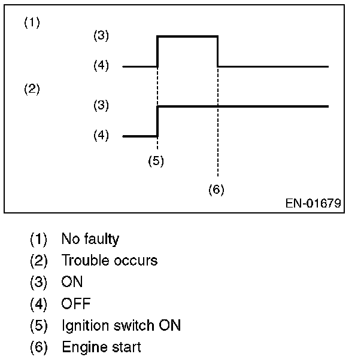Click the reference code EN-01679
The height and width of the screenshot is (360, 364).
313,203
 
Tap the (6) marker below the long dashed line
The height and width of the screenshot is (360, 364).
216,190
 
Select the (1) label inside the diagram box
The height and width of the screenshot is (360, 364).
32,23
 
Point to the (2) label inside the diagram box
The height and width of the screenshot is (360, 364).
32,90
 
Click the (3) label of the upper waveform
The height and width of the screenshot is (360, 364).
101,36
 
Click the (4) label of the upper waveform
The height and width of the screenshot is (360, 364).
101,66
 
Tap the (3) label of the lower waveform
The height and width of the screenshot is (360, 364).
101,106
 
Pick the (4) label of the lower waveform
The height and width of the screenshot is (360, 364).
101,136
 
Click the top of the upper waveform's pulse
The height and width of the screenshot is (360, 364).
187,36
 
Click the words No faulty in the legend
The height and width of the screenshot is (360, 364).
90,239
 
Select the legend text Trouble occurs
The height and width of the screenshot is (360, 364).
109,261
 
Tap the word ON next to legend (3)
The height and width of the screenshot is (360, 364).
72,282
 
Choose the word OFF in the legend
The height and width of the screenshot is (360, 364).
75,304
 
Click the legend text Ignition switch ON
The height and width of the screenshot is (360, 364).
121,325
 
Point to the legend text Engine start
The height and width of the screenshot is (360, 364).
101,347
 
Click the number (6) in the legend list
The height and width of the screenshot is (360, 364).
38,347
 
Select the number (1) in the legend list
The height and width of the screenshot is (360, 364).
38,239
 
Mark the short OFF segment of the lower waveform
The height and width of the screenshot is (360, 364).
139,136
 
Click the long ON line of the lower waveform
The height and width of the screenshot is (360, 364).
242,106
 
